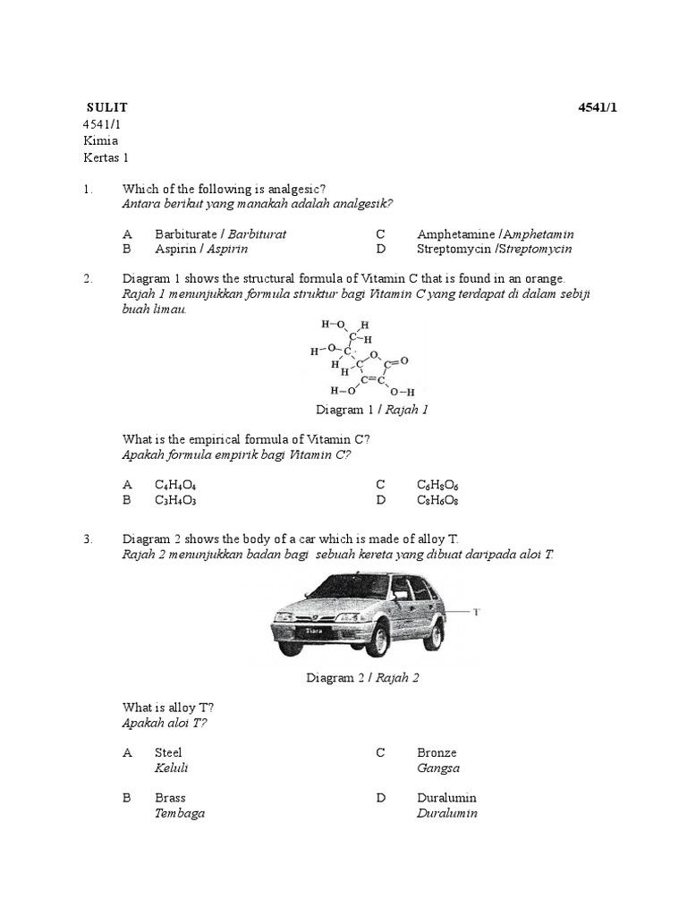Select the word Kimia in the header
click(x=100, y=140)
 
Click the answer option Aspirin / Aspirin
click(x=201, y=249)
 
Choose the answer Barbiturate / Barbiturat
click(x=220, y=233)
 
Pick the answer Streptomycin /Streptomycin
click(x=494, y=249)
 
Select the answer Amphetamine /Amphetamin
click(x=495, y=233)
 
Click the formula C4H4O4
click(x=175, y=485)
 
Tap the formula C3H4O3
click(x=175, y=500)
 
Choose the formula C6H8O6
click(x=437, y=485)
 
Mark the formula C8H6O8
click(x=437, y=500)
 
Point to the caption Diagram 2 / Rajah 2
click(x=362, y=677)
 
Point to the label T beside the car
click(x=477, y=612)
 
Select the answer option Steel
click(x=168, y=752)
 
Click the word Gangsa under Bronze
click(x=438, y=768)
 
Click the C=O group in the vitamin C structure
click(x=395, y=362)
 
